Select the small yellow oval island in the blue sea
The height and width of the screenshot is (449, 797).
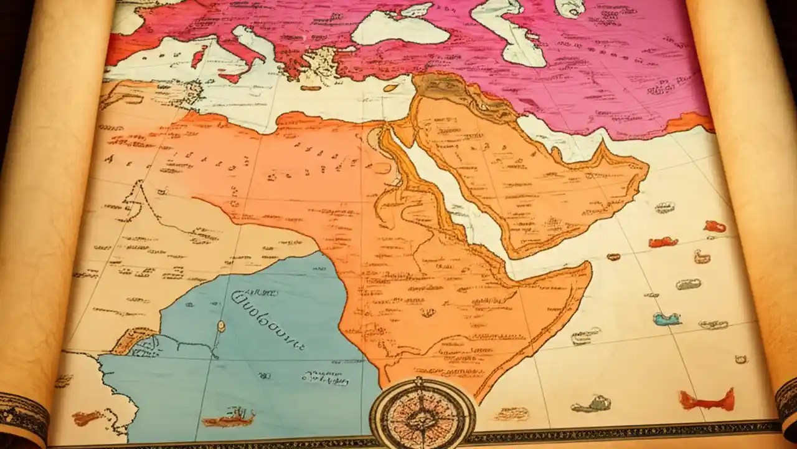[x=220, y=326]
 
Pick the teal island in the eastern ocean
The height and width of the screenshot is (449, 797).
[x=666, y=319]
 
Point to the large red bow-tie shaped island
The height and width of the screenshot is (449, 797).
[x=706, y=399]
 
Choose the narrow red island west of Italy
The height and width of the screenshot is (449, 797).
[x=199, y=57]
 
